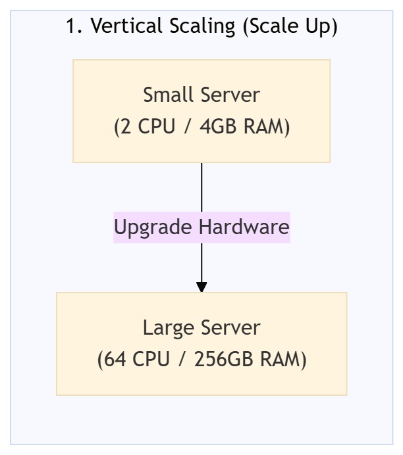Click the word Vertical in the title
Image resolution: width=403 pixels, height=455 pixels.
click(x=126, y=26)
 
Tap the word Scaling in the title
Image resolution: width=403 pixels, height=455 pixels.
click(x=202, y=27)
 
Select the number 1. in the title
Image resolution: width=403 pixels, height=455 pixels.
click(x=74, y=26)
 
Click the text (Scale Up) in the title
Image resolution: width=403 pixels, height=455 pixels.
click(x=290, y=27)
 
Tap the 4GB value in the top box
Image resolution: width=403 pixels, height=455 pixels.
click(x=217, y=126)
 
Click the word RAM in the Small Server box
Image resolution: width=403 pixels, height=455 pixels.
click(x=263, y=126)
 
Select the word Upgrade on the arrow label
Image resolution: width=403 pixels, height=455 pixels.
click(x=153, y=228)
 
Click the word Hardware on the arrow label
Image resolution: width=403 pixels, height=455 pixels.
click(x=244, y=227)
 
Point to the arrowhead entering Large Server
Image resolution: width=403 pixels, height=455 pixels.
click(x=201, y=287)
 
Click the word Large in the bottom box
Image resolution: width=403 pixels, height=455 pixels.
click(x=169, y=328)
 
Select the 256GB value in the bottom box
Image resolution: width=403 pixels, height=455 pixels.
click(x=223, y=359)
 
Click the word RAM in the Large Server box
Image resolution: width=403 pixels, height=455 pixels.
click(x=280, y=359)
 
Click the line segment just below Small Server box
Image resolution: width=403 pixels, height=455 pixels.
click(x=201, y=187)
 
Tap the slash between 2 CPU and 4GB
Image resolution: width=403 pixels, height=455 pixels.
click(x=188, y=127)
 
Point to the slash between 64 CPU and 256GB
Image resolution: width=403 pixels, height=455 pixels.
click(x=182, y=360)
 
